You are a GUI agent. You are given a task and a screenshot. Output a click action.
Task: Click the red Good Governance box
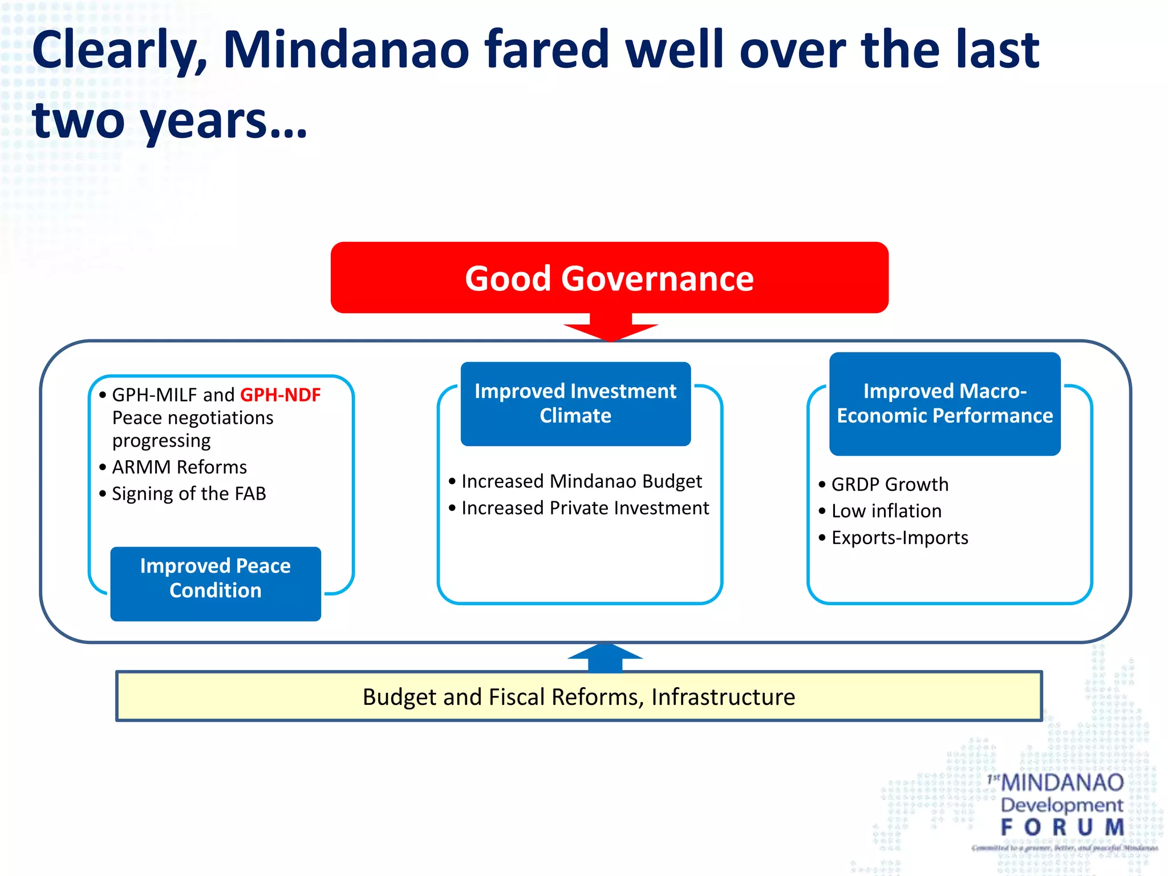[609, 278]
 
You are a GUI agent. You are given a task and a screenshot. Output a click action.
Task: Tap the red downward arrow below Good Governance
[610, 327]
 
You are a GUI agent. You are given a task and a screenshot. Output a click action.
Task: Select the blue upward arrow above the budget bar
[605, 658]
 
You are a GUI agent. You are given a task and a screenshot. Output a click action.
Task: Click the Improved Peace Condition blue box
[216, 583]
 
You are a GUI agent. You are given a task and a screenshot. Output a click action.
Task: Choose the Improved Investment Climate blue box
[575, 403]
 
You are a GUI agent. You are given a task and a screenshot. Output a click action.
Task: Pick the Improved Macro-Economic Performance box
[944, 403]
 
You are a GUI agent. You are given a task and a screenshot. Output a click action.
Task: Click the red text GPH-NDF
[280, 395]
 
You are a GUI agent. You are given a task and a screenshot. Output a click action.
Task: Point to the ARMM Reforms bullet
[179, 467]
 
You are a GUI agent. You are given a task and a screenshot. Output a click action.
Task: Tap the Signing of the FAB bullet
[189, 493]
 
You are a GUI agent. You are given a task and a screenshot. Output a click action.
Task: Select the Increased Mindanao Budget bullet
[581, 481]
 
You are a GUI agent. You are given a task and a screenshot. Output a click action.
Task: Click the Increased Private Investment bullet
[585, 508]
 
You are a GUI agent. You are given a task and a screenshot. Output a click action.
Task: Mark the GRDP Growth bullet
[890, 484]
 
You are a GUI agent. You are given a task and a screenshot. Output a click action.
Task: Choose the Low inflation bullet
[886, 511]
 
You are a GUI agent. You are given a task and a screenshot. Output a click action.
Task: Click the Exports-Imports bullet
[899, 538]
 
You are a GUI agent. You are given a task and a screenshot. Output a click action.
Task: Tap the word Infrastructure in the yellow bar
[723, 697]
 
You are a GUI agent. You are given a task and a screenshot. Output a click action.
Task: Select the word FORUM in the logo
[1062, 827]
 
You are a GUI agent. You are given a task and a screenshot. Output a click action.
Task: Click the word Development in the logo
[1061, 805]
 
